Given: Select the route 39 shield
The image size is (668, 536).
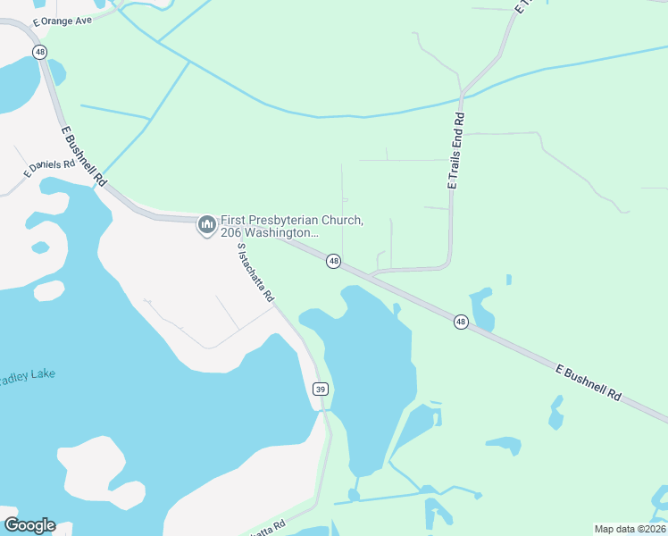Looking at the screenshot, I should click(x=321, y=389).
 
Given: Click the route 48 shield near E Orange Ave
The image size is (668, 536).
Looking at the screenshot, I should click(x=40, y=52).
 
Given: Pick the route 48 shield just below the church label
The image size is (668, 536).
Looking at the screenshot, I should click(x=333, y=261).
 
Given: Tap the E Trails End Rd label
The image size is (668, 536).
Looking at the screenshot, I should click(x=456, y=150).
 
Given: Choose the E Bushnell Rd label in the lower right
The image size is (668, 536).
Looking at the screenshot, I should click(x=588, y=382).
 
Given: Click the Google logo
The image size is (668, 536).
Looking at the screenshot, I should click(x=29, y=525).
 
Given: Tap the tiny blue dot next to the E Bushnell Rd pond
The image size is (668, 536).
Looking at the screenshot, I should click(x=509, y=280).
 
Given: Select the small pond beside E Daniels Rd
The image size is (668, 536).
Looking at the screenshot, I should click(x=40, y=247).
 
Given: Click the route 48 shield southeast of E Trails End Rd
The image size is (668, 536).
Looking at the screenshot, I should click(x=461, y=322).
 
